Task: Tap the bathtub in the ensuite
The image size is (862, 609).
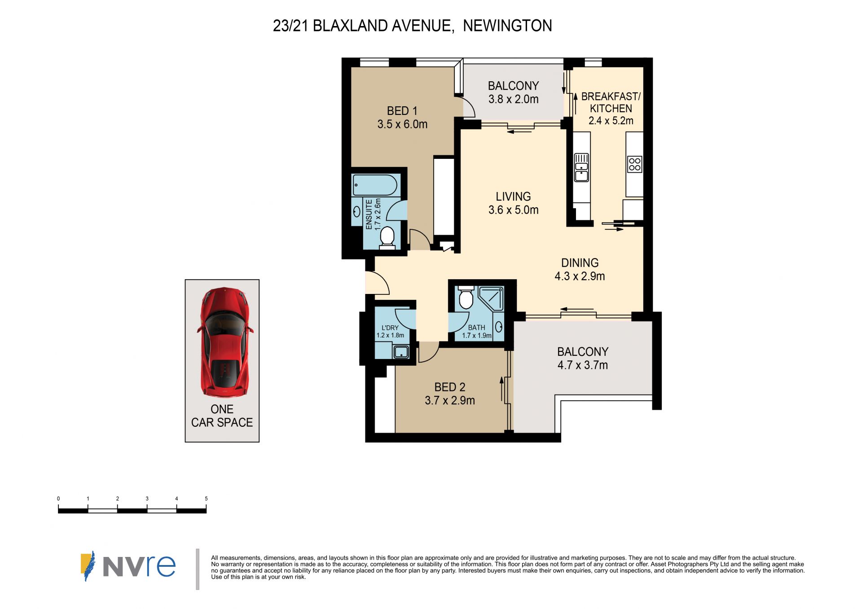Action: [x=375, y=185]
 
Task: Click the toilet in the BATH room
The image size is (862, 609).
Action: [x=466, y=297]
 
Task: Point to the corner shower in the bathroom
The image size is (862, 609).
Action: [x=491, y=298]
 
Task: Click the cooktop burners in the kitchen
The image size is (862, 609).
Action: [x=635, y=164]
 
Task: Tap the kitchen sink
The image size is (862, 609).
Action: [x=581, y=167]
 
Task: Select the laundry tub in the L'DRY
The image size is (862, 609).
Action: [x=401, y=351]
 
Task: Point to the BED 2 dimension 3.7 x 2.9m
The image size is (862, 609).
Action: [x=450, y=400]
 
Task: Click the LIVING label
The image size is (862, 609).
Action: [x=513, y=197]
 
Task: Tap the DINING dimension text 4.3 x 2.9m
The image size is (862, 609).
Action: [x=580, y=276]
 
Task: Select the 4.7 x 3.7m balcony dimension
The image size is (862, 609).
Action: [x=583, y=365]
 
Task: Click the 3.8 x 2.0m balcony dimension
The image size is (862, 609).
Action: [x=514, y=99]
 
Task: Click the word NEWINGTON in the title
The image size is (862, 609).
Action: [x=507, y=26]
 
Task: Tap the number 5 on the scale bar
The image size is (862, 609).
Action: [x=206, y=499]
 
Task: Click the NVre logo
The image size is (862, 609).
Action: [x=128, y=566]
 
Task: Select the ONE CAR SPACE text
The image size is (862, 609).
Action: [x=222, y=416]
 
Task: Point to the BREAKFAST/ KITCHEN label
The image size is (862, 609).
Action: [x=611, y=102]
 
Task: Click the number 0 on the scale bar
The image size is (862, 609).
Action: [x=58, y=499]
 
